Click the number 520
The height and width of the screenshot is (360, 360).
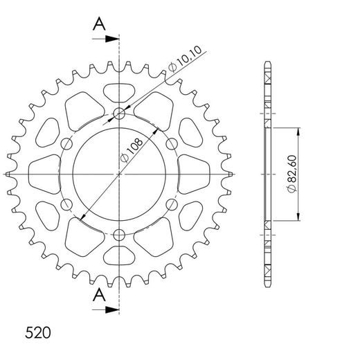pos(35,332)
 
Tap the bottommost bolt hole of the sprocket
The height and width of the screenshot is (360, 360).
pos(120,233)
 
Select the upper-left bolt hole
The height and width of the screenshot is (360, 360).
pos(68,143)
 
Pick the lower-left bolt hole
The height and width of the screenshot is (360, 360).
pos(68,204)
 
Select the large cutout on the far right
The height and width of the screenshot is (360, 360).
pos(194,173)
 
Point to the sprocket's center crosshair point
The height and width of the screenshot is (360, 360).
pos(120,173)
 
